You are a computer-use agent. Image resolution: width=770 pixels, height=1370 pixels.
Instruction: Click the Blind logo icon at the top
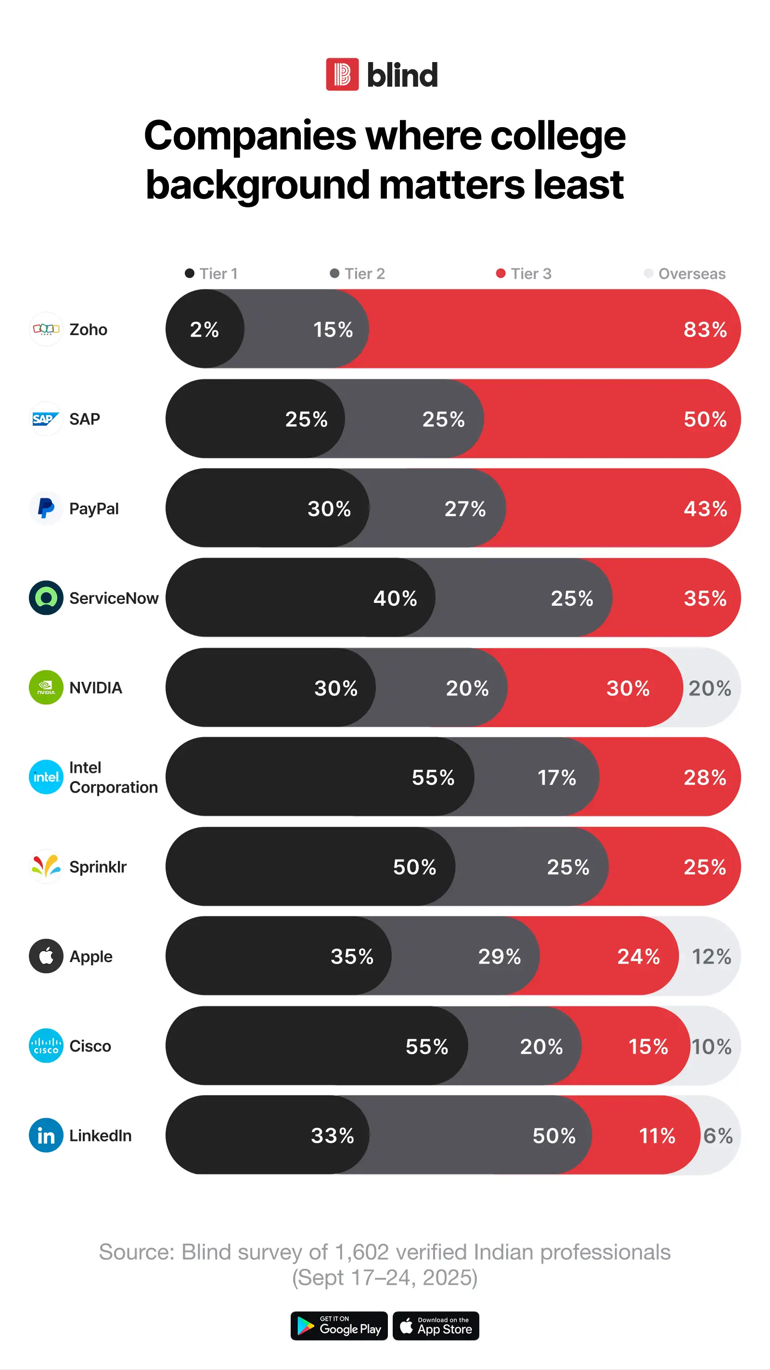342,75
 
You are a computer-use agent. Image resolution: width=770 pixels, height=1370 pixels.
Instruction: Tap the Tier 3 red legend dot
500,274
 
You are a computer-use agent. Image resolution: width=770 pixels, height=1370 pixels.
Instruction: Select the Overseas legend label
692,274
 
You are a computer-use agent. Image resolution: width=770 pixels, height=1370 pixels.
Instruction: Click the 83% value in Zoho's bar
705,330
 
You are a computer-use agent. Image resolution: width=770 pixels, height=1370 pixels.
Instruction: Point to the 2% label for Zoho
205,330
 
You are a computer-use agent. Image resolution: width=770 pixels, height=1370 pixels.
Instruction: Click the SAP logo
46,419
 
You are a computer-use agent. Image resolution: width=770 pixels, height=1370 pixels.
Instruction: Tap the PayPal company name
94,509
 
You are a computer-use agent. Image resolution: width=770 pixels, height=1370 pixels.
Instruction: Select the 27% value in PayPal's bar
465,509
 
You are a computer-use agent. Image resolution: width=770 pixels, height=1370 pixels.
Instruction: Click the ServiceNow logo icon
46,598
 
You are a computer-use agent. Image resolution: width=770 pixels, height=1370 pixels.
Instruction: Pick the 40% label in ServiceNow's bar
395,598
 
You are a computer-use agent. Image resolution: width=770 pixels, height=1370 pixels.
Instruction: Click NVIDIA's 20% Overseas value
709,688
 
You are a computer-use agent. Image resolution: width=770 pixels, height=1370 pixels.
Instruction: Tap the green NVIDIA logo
46,687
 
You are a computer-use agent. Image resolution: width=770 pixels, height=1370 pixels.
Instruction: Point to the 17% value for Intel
556,778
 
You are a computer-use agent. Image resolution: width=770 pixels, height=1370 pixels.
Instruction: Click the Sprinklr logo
46,866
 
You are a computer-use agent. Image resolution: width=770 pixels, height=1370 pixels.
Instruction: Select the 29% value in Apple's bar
499,956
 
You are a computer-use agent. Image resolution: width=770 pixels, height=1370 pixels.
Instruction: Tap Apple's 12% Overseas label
711,956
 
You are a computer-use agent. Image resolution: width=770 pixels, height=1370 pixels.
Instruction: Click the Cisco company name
90,1046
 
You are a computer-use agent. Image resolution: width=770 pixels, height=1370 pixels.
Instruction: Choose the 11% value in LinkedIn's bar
657,1136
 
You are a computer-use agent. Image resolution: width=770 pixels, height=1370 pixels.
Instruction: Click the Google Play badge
339,1326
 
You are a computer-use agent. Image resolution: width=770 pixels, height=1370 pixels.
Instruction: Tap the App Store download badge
436,1326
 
